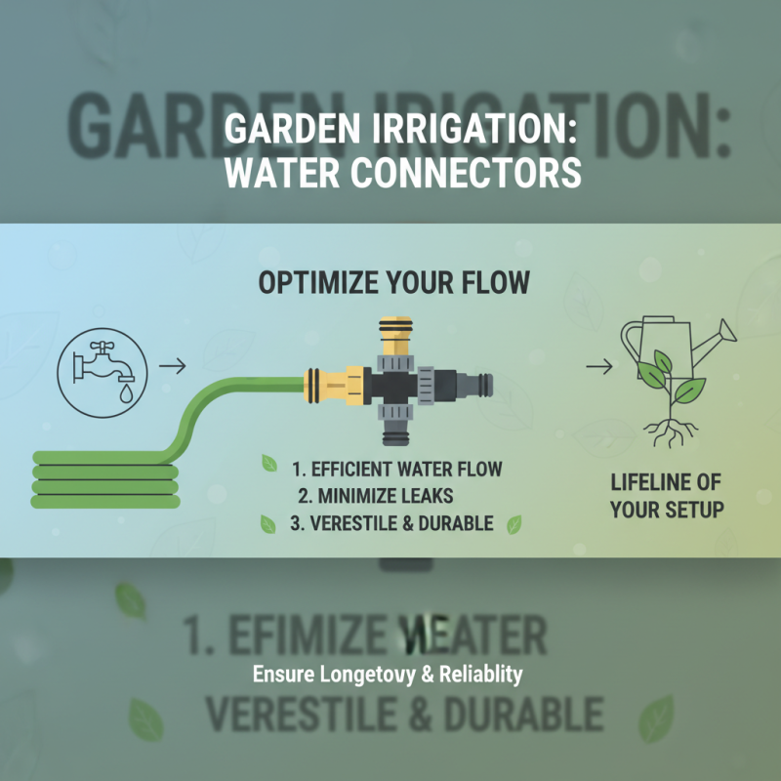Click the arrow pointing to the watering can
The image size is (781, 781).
(x=599, y=367)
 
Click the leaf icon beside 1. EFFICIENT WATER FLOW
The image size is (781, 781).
(x=268, y=464)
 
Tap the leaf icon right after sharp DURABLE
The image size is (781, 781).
(x=512, y=523)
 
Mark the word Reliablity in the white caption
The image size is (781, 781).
(x=479, y=674)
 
